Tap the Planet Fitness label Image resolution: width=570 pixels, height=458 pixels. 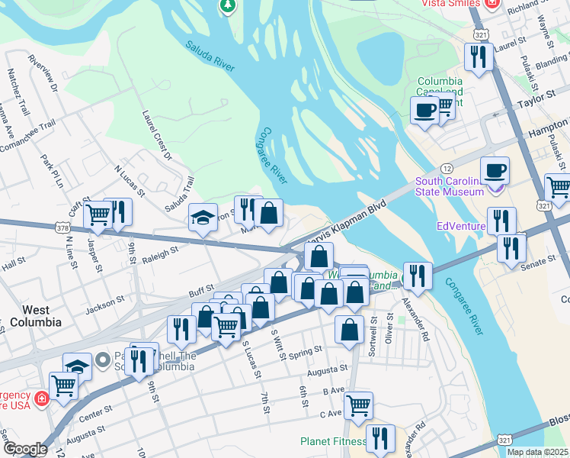[332, 441]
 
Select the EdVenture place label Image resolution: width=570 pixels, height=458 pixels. [461, 226]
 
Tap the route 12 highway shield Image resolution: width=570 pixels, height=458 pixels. [447, 167]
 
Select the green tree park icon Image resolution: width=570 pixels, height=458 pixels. [227, 6]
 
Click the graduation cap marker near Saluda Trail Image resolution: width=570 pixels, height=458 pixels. [203, 218]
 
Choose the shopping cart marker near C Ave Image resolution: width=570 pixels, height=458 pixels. [358, 405]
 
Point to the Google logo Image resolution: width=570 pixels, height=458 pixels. [25, 449]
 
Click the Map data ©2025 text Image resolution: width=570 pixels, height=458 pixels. [537, 452]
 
